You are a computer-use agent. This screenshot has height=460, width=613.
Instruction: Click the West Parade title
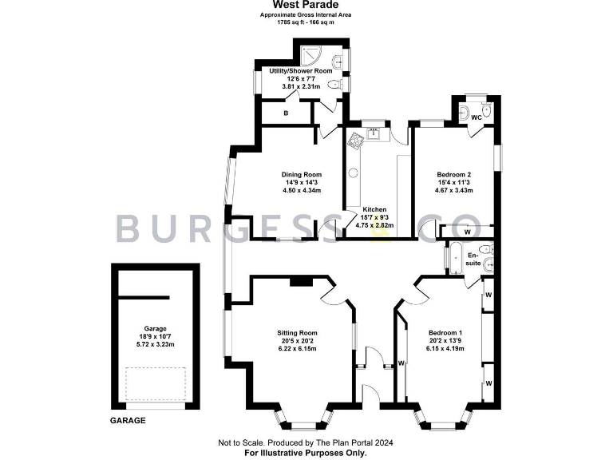pyautogui.click(x=306, y=5)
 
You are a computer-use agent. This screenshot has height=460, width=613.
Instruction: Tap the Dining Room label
pyautogui.click(x=301, y=175)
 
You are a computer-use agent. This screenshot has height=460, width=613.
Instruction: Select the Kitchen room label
pyautogui.click(x=375, y=208)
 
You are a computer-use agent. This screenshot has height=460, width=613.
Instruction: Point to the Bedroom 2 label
pyautogui.click(x=453, y=175)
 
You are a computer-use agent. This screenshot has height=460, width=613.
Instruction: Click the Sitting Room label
pyautogui.click(x=297, y=333)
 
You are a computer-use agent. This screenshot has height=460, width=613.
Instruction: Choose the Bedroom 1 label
pyautogui.click(x=445, y=333)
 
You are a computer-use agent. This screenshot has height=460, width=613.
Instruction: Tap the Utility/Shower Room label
pyautogui.click(x=300, y=71)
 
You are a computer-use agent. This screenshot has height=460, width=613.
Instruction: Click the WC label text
pyautogui.click(x=477, y=118)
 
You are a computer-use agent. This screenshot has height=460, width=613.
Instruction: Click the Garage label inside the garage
pyautogui.click(x=155, y=328)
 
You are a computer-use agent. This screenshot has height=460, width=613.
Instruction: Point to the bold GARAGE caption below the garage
pyautogui.click(x=128, y=421)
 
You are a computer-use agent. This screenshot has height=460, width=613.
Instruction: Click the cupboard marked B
pyautogui.click(x=286, y=113)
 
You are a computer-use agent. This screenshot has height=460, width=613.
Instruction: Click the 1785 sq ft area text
pyautogui.click(x=306, y=22)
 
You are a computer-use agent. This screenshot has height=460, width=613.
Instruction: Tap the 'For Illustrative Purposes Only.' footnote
pyautogui.click(x=306, y=452)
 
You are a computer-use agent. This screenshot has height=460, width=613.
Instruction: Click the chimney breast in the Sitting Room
pyautogui.click(x=301, y=281)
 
